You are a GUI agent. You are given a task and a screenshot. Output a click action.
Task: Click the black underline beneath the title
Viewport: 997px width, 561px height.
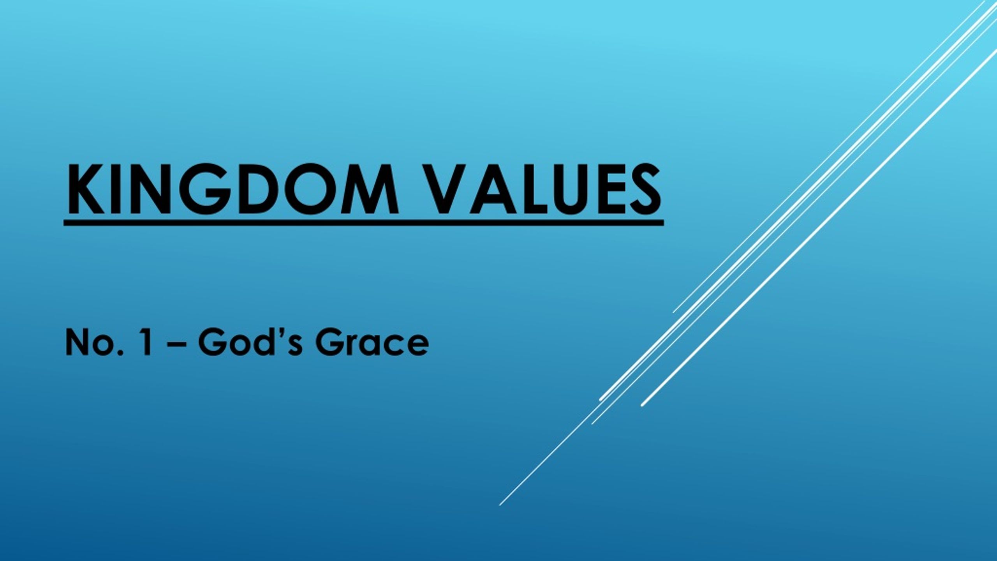(x=364, y=223)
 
